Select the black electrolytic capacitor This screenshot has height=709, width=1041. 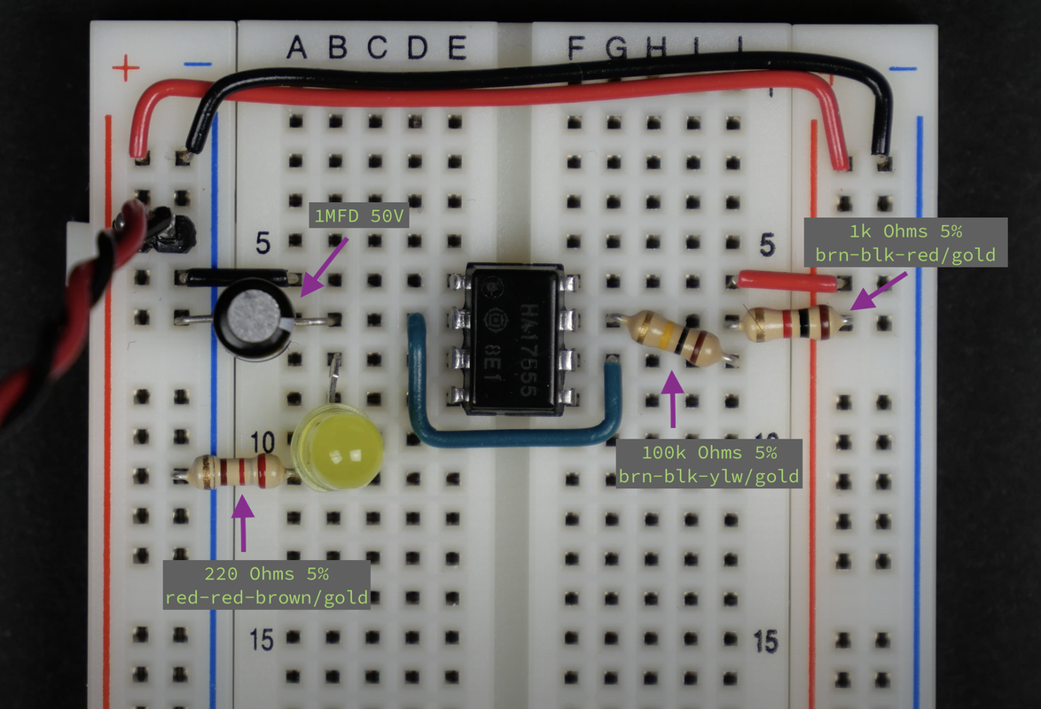coord(255,320)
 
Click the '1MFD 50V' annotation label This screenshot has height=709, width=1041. coord(357,216)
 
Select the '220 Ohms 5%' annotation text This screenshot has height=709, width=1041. coord(266,573)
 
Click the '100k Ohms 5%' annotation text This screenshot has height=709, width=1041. coord(709,452)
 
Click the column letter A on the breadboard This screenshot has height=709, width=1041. coord(297,48)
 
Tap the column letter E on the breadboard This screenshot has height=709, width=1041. coord(457,48)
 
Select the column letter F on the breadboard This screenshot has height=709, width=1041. coord(575,49)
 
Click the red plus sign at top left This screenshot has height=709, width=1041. coord(125,66)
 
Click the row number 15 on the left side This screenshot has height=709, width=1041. coord(262,640)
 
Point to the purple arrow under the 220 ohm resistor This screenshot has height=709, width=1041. coord(243,523)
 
